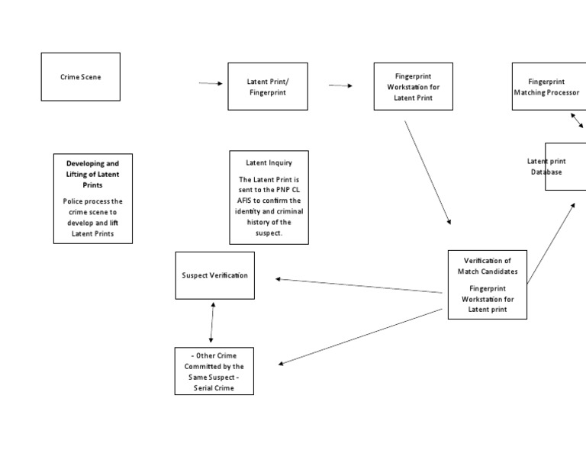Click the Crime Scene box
tap(80, 77)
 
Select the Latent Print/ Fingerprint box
tap(268, 86)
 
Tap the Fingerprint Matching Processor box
tap(549, 86)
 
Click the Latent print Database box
tap(565, 166)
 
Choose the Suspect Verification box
tap(214, 275)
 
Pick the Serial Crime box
tap(214, 371)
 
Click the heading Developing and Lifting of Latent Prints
tap(92, 174)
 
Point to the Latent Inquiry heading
tap(269, 162)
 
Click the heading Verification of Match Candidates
tap(487, 265)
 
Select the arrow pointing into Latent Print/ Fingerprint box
tap(211, 84)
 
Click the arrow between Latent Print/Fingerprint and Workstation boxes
tap(340, 85)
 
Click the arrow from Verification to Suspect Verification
tap(359, 286)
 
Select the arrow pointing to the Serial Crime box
tap(360, 336)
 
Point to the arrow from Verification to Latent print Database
tap(551, 244)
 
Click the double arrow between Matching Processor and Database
tap(577, 120)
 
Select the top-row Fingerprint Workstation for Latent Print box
tap(413, 87)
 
